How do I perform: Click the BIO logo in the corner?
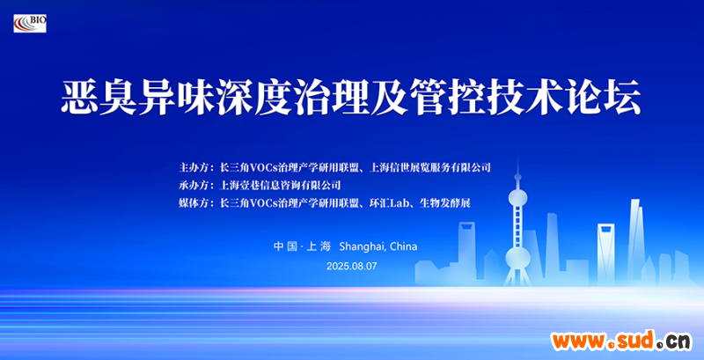click(30, 24)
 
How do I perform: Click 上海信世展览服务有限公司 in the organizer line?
click(429, 168)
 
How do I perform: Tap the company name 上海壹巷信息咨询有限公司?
click(279, 185)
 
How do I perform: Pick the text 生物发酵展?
click(444, 203)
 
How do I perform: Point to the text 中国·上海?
click(302, 246)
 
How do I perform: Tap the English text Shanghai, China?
click(378, 246)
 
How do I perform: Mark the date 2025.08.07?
click(351, 266)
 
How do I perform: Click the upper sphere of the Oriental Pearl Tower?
click(517, 197)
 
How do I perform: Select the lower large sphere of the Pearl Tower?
click(517, 258)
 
